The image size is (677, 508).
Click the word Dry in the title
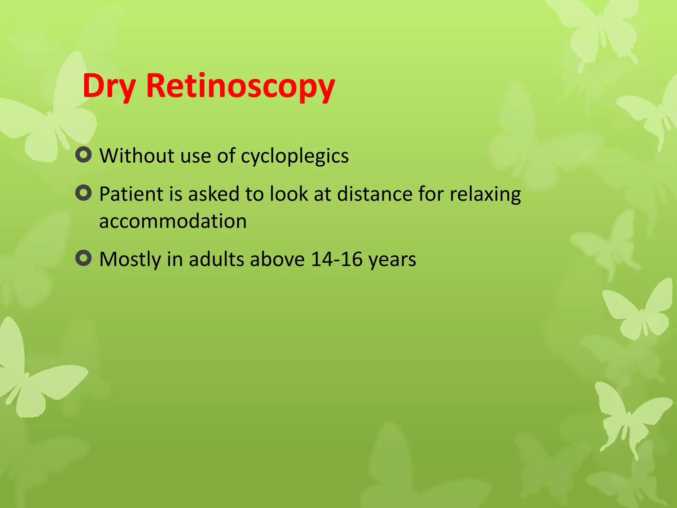coord(109,86)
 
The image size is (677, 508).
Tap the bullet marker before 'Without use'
coord(83,154)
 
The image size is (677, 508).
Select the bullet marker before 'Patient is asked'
coord(83,193)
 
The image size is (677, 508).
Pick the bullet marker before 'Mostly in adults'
coord(83,258)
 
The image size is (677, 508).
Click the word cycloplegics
coord(295,156)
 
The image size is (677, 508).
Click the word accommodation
coord(173,221)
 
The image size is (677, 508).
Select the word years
coord(392,260)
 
